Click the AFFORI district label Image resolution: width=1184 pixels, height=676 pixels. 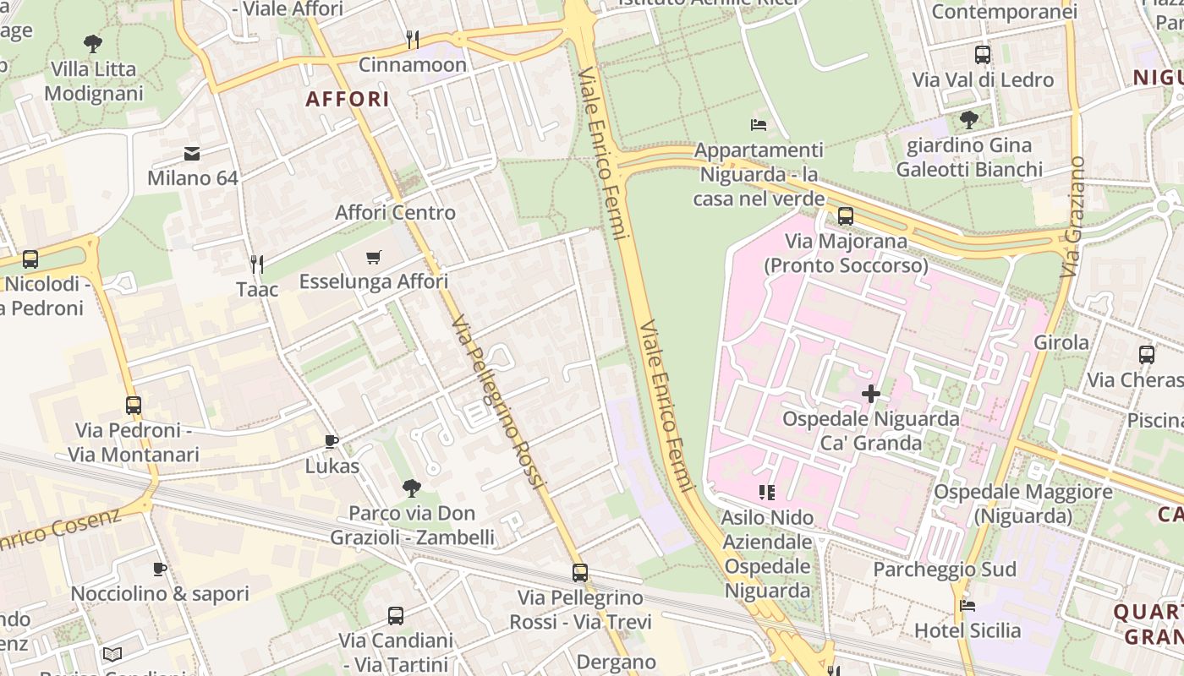click(x=348, y=99)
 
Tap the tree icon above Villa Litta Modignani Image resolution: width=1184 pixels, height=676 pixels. click(x=93, y=43)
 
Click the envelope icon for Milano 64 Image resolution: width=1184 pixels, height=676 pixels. click(x=192, y=154)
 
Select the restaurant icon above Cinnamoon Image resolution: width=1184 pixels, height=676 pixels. click(x=413, y=39)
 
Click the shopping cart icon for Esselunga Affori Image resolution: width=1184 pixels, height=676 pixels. click(x=374, y=257)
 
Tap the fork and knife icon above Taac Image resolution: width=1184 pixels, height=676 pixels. click(x=257, y=264)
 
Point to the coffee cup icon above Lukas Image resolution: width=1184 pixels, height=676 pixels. click(x=332, y=441)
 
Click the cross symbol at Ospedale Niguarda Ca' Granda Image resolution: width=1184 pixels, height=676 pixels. click(x=870, y=393)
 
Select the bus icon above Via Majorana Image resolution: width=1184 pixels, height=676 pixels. click(x=845, y=216)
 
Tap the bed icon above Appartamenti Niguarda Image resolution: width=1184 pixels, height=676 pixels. click(x=759, y=125)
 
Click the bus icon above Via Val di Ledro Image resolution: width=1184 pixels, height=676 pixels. click(x=982, y=55)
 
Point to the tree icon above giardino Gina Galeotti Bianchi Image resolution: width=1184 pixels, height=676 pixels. click(x=969, y=120)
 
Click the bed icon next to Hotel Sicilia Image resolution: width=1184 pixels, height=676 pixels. click(x=967, y=605)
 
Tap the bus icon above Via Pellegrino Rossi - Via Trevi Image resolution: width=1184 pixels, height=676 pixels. click(x=579, y=573)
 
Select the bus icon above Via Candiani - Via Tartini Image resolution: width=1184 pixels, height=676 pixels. click(x=395, y=616)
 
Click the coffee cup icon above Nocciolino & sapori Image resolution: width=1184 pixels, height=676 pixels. click(x=159, y=569)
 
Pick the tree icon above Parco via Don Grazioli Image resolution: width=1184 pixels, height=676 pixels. click(x=412, y=488)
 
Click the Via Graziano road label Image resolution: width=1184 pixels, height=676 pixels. click(x=1072, y=216)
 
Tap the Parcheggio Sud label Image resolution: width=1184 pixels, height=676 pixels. click(x=944, y=570)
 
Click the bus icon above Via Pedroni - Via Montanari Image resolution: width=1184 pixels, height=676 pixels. click(x=133, y=406)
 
